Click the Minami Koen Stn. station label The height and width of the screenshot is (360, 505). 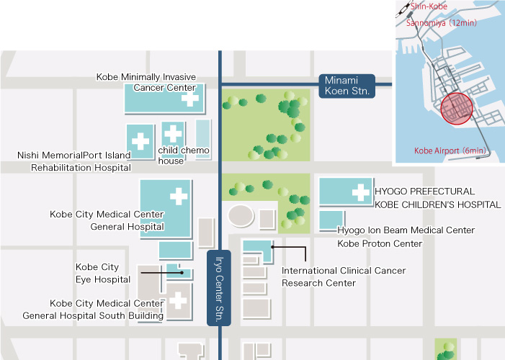347,86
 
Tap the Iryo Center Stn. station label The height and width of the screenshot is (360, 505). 220,288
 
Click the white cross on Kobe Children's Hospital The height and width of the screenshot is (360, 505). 360,192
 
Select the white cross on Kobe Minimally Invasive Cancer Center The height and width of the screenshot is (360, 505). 190,99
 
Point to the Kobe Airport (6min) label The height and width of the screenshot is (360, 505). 450,150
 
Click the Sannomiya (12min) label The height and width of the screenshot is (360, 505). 442,22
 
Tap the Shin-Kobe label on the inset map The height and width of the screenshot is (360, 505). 429,6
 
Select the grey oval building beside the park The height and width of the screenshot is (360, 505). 241,215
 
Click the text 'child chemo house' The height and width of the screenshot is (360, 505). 184,156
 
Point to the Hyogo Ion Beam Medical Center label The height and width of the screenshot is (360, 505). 406,230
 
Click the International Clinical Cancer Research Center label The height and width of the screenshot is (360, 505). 343,276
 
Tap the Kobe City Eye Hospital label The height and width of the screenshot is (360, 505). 103,273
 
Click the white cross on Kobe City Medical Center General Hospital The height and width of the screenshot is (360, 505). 178,195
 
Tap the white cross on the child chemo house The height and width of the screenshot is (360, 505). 173,132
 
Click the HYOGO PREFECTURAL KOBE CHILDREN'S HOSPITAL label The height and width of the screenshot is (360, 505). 437,198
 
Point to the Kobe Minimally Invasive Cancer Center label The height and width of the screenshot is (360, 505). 146,82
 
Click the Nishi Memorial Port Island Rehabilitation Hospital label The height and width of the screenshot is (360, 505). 74,161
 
